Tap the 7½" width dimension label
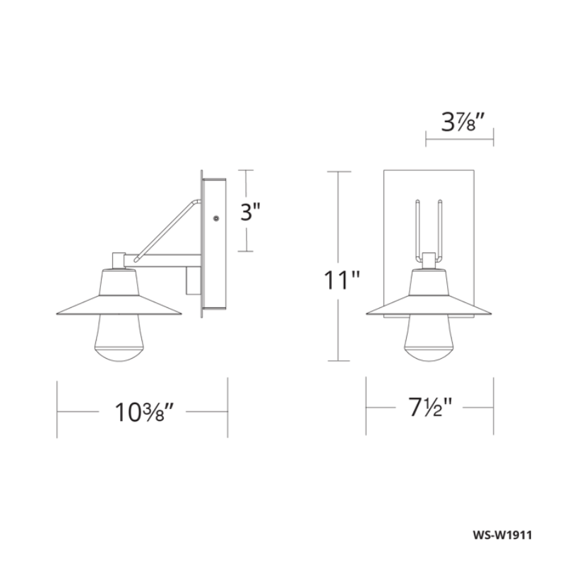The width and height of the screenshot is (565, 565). pyautogui.click(x=429, y=408)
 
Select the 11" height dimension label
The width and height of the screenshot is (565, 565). pyautogui.click(x=341, y=280)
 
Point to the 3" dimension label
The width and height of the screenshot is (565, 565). pyautogui.click(x=251, y=211)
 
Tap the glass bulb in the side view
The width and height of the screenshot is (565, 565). pyautogui.click(x=119, y=343)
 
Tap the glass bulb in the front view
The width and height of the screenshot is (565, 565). pyautogui.click(x=429, y=343)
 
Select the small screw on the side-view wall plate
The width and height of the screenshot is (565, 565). pyautogui.click(x=215, y=219)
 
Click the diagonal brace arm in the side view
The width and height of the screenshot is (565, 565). pyautogui.click(x=166, y=230)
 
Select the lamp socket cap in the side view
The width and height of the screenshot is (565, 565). pyautogui.click(x=119, y=261)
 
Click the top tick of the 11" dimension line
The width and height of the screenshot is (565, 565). pyautogui.click(x=339, y=172)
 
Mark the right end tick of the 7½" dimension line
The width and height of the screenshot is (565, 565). pyautogui.click(x=493, y=408)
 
